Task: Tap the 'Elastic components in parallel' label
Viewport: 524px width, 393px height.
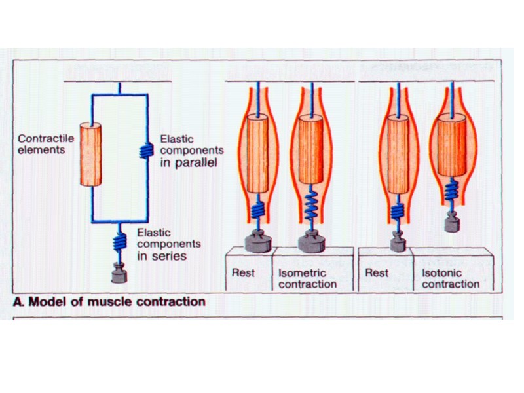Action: pos(188,151)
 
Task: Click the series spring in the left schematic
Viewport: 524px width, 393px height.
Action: pos(119,241)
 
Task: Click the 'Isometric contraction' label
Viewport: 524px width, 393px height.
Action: pos(307,278)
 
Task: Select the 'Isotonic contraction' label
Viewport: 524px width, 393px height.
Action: pos(451,278)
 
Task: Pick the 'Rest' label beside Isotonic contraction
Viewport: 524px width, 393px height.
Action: pos(377,273)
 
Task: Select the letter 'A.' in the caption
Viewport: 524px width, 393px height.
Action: pos(20,302)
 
